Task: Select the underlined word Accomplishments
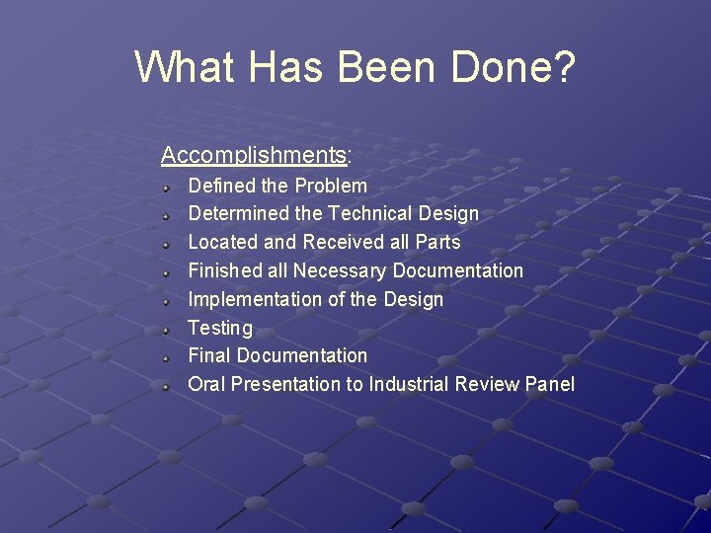tap(253, 155)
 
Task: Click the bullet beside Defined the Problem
tap(169, 187)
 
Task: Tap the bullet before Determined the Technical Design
tap(169, 214)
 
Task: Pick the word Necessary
tap(340, 270)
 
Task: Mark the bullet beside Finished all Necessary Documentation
tap(169, 271)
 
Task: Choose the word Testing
tap(220, 328)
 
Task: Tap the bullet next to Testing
tap(169, 329)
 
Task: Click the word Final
tap(209, 355)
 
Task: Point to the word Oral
tap(206, 384)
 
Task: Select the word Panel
tap(550, 384)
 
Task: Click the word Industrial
tap(409, 384)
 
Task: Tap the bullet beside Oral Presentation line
tap(169, 385)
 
